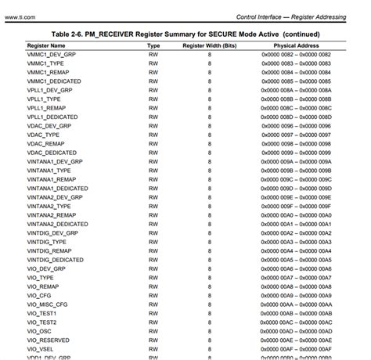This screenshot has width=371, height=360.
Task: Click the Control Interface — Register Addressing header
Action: (x=301, y=16)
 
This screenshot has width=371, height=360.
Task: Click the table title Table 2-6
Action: (x=186, y=35)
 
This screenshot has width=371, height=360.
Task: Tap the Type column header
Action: (x=153, y=47)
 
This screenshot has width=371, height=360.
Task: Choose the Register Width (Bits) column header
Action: (x=209, y=47)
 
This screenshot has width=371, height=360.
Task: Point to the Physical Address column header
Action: (x=296, y=47)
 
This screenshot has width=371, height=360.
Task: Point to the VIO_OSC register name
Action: (x=40, y=331)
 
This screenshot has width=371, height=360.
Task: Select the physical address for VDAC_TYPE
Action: (x=296, y=135)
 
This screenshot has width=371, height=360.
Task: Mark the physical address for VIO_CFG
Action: (x=296, y=295)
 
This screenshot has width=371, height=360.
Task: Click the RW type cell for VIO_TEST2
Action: (x=153, y=322)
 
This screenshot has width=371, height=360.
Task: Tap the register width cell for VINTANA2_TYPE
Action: (x=209, y=206)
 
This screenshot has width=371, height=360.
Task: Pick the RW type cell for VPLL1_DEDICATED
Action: (x=153, y=117)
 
